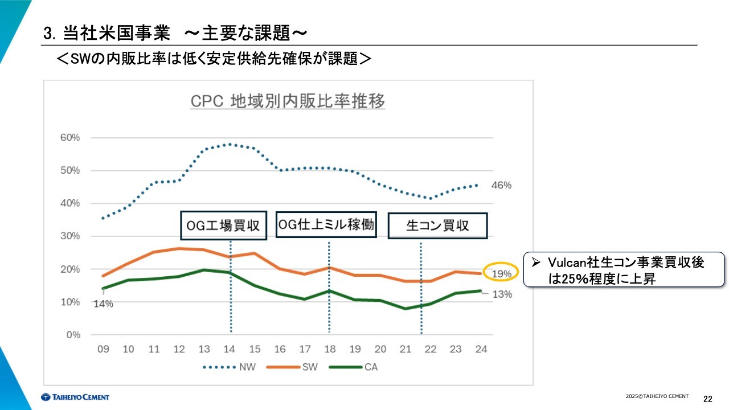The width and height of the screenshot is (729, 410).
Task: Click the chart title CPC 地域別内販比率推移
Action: click(x=288, y=101)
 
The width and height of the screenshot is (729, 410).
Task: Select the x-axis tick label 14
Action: click(x=230, y=349)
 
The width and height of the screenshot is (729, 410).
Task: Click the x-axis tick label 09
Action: click(x=103, y=349)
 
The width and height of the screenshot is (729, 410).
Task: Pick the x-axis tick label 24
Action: click(x=481, y=349)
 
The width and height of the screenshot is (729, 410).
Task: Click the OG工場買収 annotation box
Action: click(x=223, y=225)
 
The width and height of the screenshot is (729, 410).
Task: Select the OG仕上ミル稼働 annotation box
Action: click(x=326, y=224)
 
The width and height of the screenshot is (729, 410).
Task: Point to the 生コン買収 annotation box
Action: click(x=437, y=225)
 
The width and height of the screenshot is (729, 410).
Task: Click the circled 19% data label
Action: click(x=502, y=274)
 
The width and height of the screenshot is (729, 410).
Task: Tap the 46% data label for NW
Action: click(x=502, y=185)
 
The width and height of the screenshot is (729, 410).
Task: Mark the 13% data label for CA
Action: click(x=502, y=294)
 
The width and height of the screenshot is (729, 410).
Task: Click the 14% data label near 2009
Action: click(x=103, y=304)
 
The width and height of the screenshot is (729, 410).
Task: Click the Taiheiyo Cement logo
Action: click(x=75, y=397)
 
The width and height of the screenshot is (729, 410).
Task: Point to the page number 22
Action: click(x=708, y=398)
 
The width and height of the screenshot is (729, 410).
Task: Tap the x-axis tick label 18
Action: click(x=329, y=349)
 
